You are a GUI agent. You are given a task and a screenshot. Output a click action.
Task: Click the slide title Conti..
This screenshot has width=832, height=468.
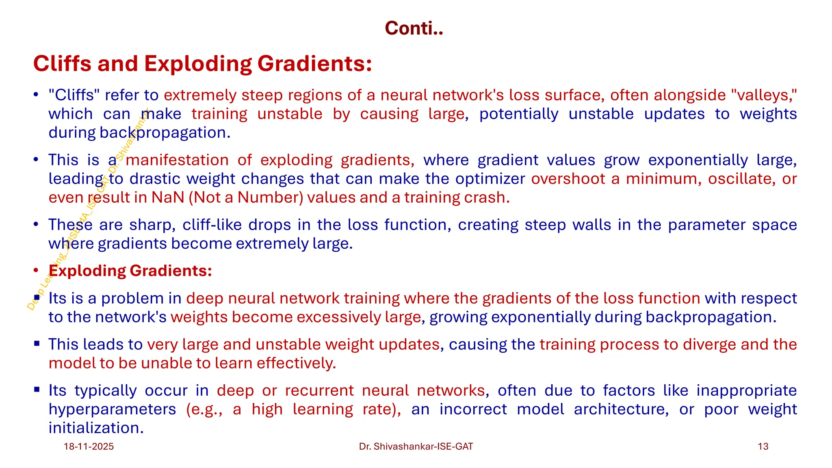tap(414, 28)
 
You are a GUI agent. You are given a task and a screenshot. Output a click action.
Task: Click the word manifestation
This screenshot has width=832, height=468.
tap(177, 160)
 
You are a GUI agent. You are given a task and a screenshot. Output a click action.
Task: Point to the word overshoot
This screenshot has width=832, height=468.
tap(568, 179)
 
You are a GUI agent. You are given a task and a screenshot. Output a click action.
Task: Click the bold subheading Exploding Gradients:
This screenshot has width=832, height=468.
tap(130, 271)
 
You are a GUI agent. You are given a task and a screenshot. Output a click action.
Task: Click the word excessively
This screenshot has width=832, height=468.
tap(338, 317)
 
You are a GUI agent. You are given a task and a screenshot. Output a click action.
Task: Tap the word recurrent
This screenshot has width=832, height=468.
tap(319, 390)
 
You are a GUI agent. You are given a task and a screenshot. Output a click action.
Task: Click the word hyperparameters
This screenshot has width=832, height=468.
tap(112, 409)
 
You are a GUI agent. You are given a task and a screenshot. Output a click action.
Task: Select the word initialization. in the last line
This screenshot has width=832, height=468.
tap(96, 428)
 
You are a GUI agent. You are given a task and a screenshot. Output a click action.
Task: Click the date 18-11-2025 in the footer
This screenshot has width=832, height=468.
tap(89, 446)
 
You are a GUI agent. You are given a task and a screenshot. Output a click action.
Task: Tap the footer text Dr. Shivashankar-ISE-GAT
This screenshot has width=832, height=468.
tap(416, 446)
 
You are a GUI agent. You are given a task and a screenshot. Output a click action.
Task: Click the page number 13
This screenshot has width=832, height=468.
tap(763, 446)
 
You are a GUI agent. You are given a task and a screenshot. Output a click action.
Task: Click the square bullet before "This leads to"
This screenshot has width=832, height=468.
tap(37, 344)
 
